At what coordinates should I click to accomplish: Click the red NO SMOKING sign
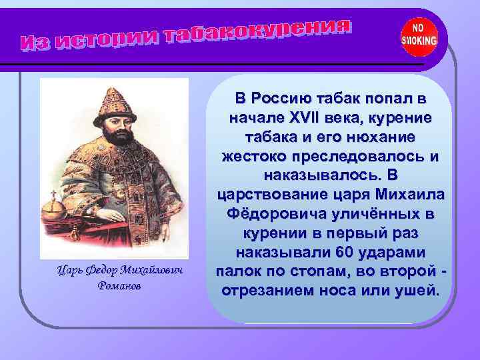(419, 37)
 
